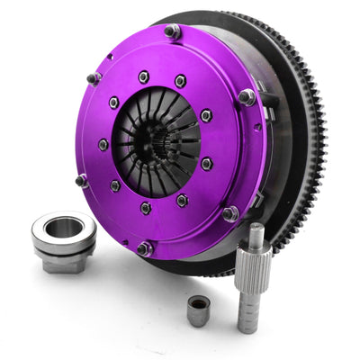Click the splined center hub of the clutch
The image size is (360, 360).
(x=163, y=134)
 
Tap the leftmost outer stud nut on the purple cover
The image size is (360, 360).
(x=81, y=179)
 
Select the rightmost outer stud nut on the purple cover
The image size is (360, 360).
(x=246, y=95)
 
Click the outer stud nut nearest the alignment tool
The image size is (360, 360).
(x=229, y=213)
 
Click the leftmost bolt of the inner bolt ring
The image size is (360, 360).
(x=103, y=144)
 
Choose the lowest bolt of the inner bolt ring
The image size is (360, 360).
(x=146, y=208)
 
